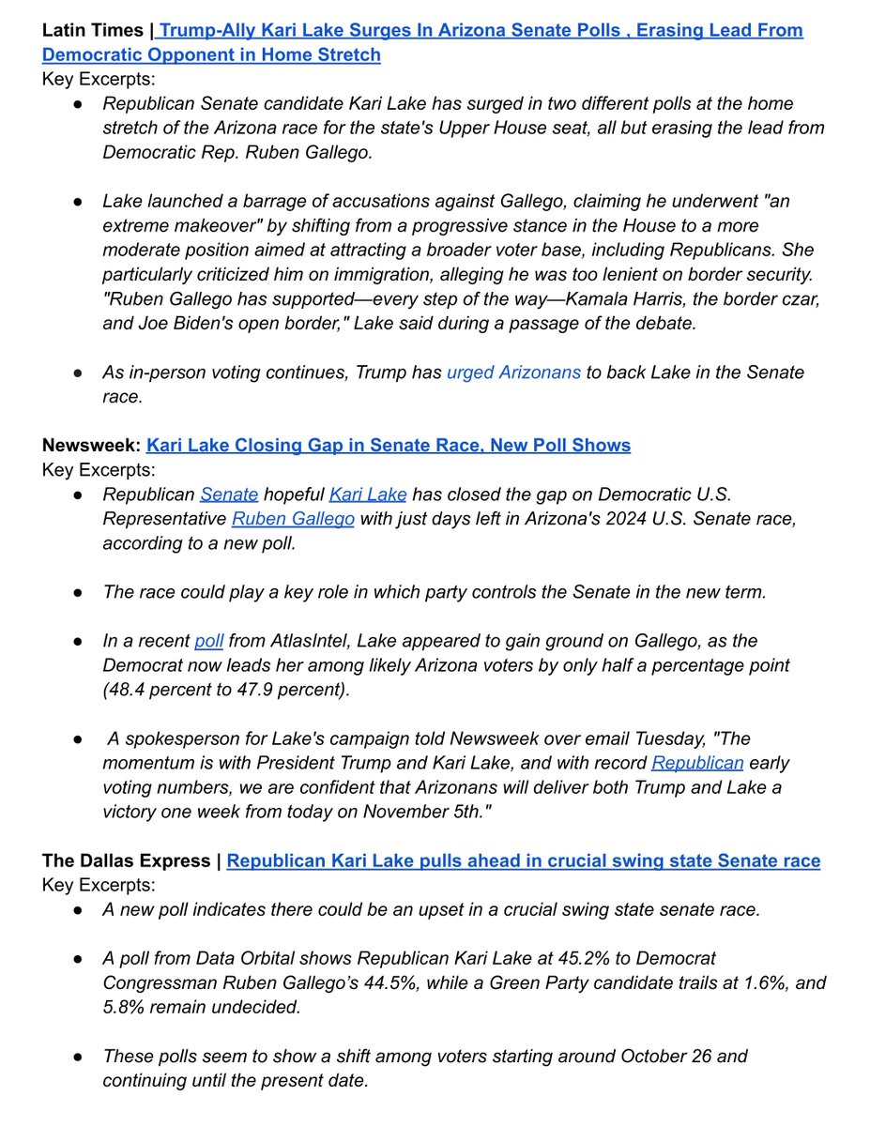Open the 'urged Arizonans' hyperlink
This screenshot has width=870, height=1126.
click(513, 373)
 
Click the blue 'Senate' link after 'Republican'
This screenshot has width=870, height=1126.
click(229, 495)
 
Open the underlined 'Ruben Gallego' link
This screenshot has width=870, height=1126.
click(293, 519)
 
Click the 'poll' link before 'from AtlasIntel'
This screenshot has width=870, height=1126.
click(207, 641)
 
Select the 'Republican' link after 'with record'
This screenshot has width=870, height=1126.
click(697, 763)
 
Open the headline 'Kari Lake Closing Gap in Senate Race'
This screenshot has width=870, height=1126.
click(388, 445)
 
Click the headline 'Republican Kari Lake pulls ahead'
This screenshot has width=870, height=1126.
click(523, 860)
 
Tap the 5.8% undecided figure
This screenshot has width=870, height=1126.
click(125, 1007)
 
